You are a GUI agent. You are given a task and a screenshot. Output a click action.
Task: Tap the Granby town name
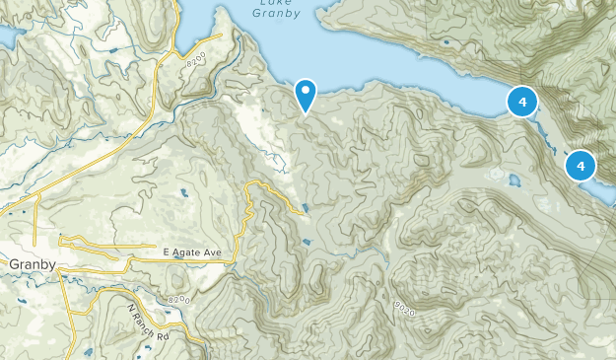(x=29, y=264)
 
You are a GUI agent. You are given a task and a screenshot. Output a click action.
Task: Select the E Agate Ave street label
(x=192, y=254)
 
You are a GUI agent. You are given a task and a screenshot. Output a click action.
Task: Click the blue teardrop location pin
(x=307, y=95)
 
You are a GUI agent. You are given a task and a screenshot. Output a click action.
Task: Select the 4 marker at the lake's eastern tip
(x=521, y=101)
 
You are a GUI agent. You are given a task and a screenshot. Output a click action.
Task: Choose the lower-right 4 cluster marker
(x=581, y=166)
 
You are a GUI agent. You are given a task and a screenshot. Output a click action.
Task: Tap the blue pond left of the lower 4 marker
(x=513, y=180)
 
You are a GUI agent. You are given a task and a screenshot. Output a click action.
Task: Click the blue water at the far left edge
(x=6, y=37)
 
